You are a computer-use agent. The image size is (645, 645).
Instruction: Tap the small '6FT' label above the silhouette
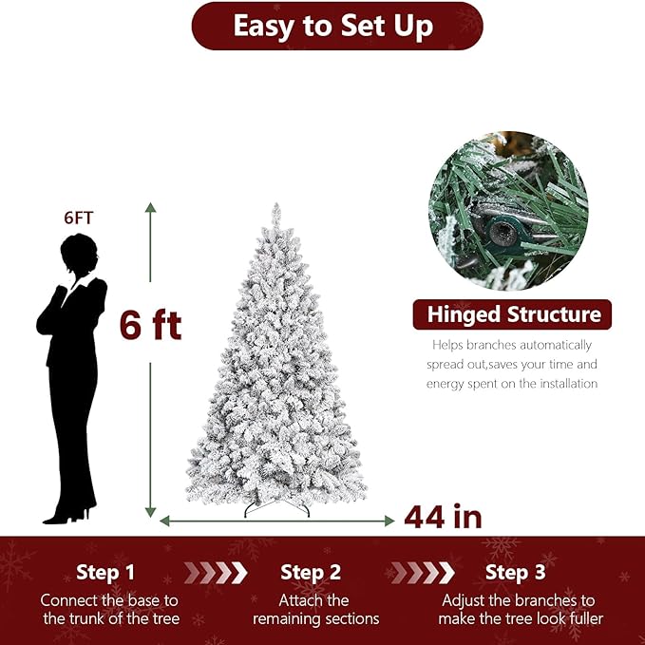click(79, 218)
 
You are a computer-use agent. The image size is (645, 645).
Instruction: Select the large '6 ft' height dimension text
click(150, 325)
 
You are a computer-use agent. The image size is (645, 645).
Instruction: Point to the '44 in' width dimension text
click(443, 518)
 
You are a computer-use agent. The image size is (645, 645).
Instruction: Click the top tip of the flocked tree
click(275, 208)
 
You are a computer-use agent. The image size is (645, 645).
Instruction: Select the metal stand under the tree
click(276, 509)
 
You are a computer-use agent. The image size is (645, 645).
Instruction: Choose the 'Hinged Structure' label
click(513, 314)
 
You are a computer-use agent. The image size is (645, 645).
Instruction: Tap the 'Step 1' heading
click(105, 573)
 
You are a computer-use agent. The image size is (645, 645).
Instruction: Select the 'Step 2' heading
click(311, 573)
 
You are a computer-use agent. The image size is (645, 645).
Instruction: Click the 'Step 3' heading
click(515, 573)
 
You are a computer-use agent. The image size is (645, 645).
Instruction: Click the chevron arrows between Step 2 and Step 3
click(422, 573)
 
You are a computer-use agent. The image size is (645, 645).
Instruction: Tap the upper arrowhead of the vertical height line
click(150, 207)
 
